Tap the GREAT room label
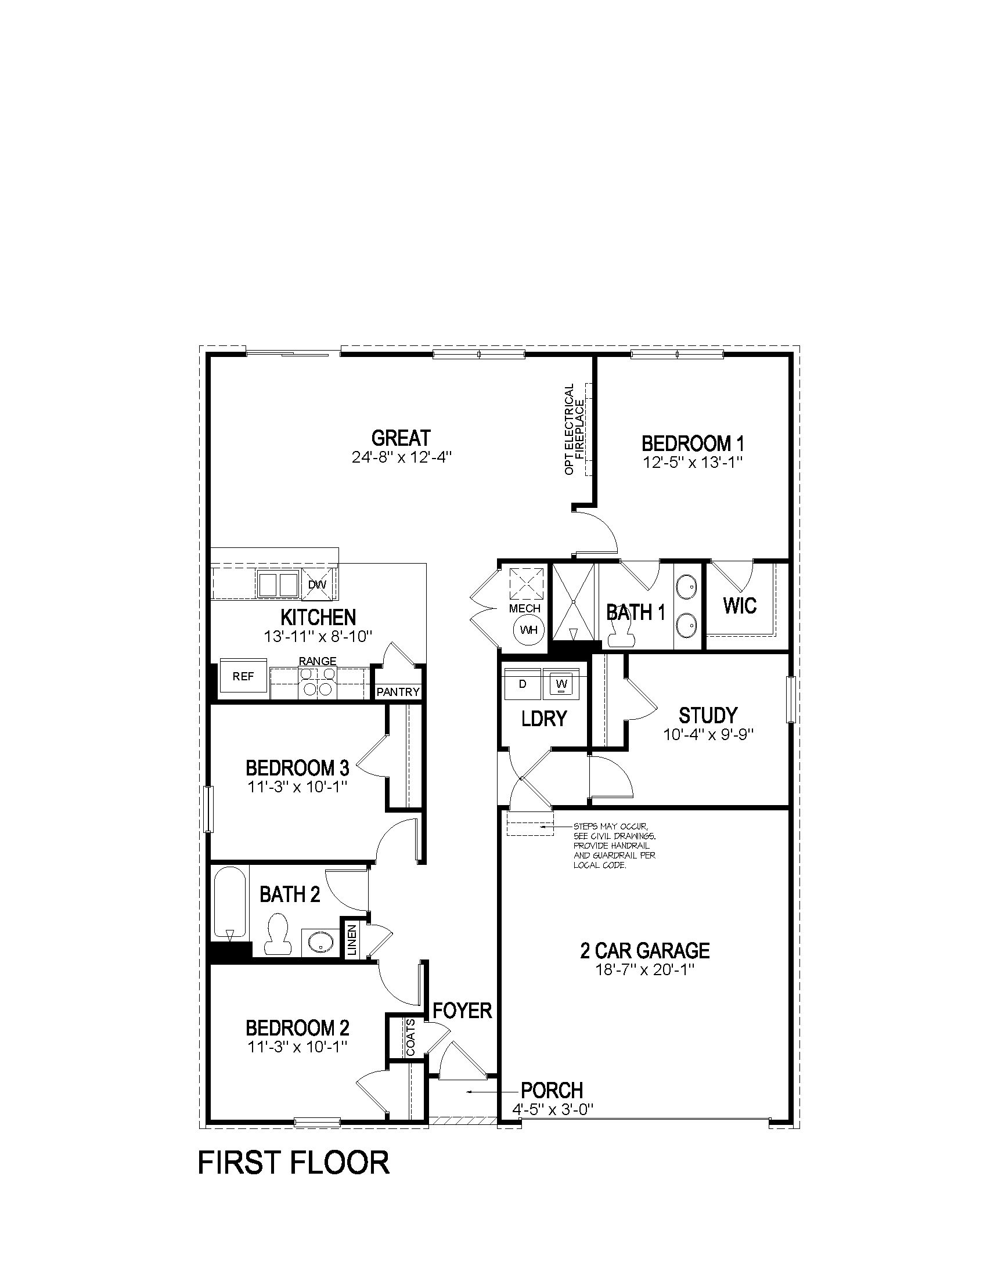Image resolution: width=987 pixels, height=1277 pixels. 401,438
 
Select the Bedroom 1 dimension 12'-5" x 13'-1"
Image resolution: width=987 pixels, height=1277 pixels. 693,462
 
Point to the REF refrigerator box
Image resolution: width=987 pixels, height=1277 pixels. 243,676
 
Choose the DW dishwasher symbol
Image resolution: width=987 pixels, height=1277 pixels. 318,584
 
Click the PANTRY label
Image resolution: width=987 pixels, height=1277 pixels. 398,692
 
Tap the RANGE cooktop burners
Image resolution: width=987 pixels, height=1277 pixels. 318,682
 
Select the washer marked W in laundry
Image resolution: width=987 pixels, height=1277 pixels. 561,683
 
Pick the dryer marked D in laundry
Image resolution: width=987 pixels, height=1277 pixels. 523,683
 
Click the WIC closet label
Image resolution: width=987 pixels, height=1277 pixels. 740,606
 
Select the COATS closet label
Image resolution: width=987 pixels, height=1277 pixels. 410,1038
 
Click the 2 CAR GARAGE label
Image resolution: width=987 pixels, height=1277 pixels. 645,950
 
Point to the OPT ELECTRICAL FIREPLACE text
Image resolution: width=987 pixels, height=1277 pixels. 574,428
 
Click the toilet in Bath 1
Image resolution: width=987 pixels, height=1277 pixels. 621,633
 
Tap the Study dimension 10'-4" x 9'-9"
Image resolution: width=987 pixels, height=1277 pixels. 708,735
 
